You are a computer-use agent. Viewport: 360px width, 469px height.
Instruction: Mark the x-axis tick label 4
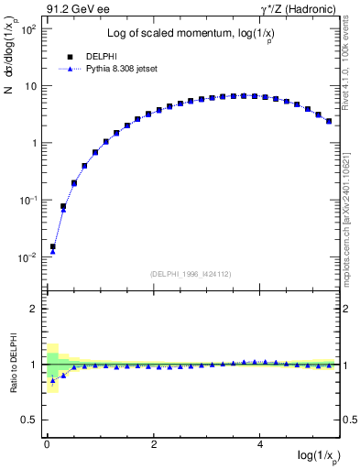coord(261,444)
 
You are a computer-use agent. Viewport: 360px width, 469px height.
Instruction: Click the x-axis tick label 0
coord(47,444)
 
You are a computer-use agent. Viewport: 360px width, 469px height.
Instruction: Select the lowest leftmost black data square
coord(52,246)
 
